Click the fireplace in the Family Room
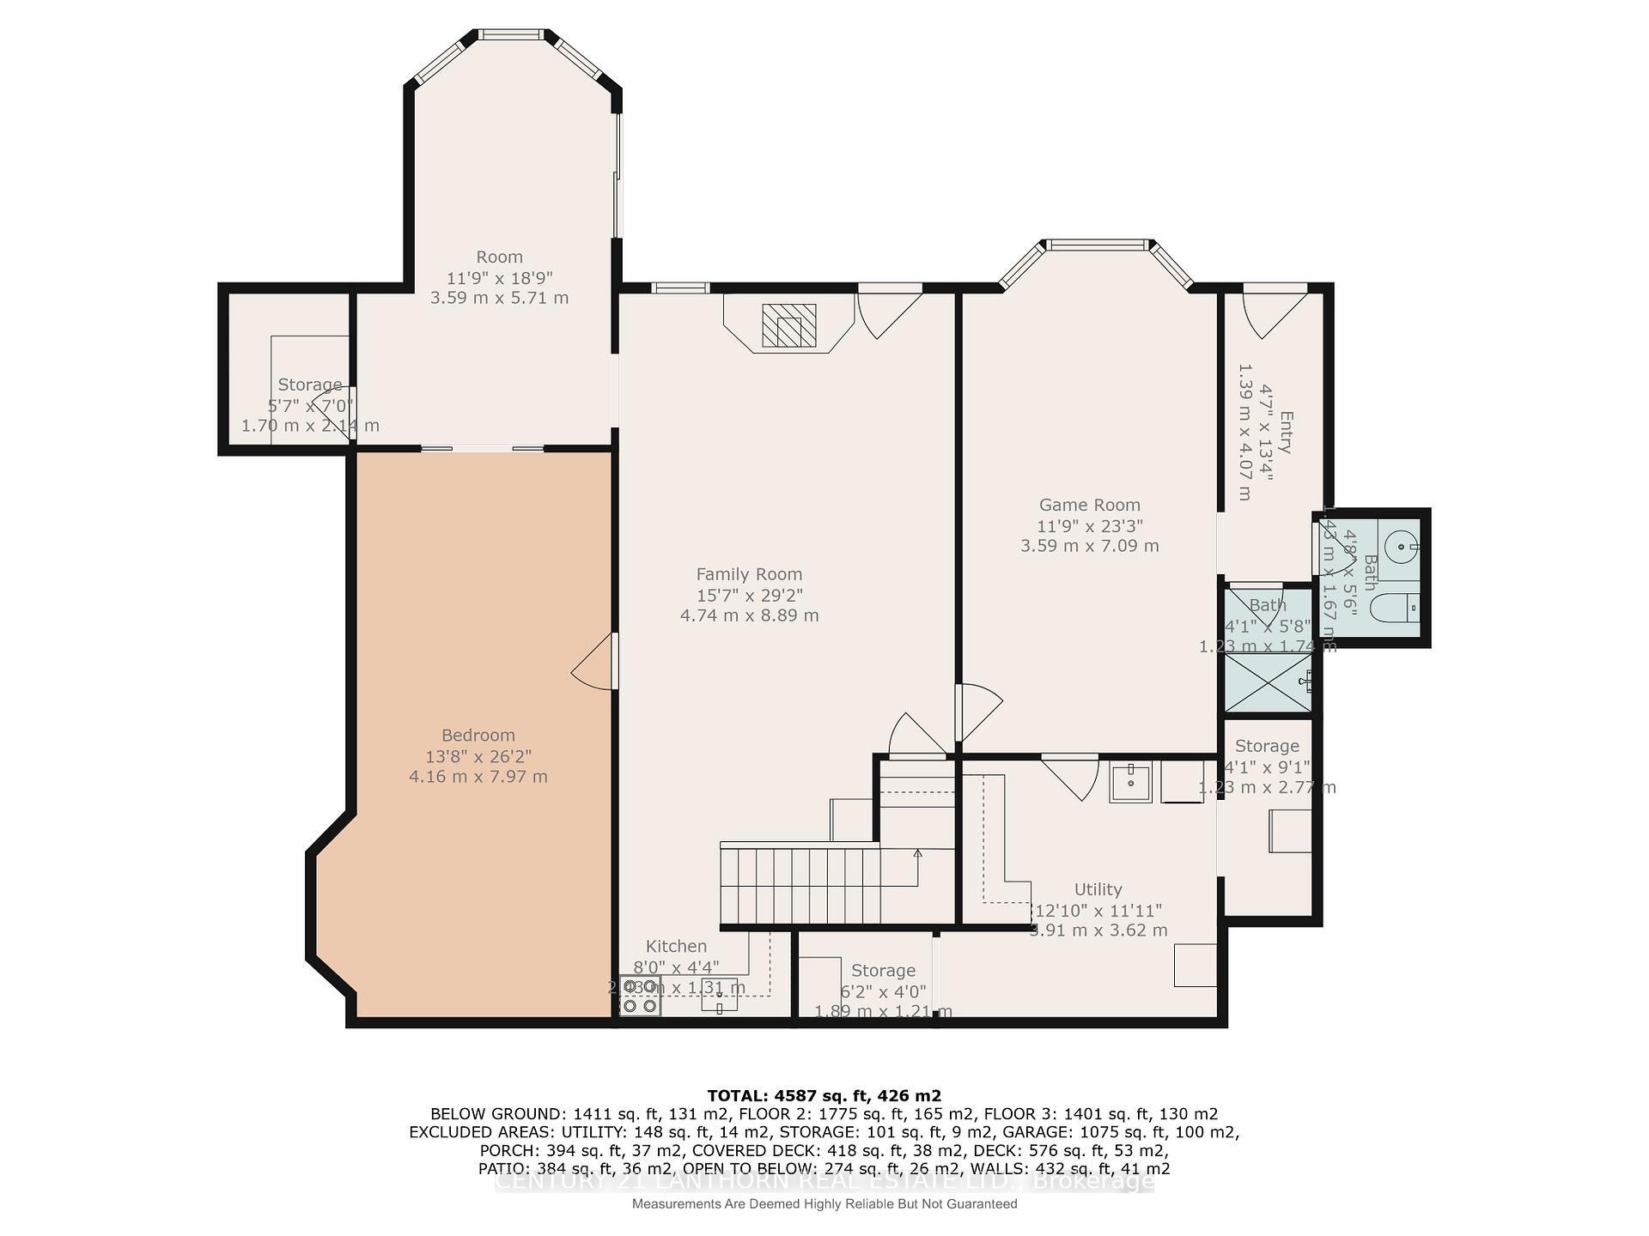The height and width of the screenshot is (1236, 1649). tap(788, 325)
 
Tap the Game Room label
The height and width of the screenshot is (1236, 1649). tap(1089, 506)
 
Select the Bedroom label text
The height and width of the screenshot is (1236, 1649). tap(478, 736)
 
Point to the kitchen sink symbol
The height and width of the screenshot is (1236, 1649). tap(720, 994)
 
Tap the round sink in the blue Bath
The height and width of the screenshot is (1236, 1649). tap(1401, 544)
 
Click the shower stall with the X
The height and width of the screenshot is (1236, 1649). tap(1268, 682)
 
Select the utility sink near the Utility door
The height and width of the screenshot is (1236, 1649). tap(1130, 782)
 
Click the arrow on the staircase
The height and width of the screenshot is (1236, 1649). tap(917, 854)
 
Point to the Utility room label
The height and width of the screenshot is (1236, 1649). tap(1098, 889)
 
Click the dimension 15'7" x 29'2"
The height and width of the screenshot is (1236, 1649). tap(749, 595)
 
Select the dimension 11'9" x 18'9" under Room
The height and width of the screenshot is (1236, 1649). tap(499, 278)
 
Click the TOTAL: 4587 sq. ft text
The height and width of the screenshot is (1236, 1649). tap(823, 1095)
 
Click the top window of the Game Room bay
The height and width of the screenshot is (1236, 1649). tap(1097, 245)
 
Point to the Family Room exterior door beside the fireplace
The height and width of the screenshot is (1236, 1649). tap(888, 313)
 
